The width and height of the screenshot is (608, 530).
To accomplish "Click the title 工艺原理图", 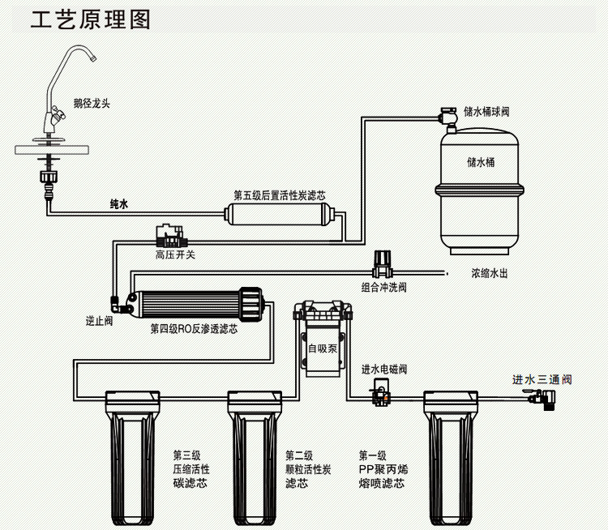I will tap(91, 20).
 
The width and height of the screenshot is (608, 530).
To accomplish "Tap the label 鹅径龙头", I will tap(92, 103).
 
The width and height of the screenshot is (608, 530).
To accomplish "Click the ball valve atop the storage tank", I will tap(449, 116).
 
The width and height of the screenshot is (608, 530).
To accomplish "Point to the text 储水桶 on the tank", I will tap(481, 162).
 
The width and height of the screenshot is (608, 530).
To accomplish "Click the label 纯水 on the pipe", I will tap(118, 204).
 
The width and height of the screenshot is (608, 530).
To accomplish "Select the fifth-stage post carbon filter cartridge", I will tap(276, 216).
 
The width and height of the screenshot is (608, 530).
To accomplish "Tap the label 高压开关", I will tap(175, 255).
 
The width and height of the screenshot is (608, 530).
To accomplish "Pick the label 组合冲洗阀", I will tap(384, 286).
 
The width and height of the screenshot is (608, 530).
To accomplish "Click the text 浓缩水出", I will tap(490, 274).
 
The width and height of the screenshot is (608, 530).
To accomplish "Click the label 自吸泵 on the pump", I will tap(322, 348).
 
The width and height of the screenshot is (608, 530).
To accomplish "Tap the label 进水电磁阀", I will tap(384, 369).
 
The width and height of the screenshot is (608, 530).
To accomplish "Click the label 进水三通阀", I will tap(542, 378).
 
